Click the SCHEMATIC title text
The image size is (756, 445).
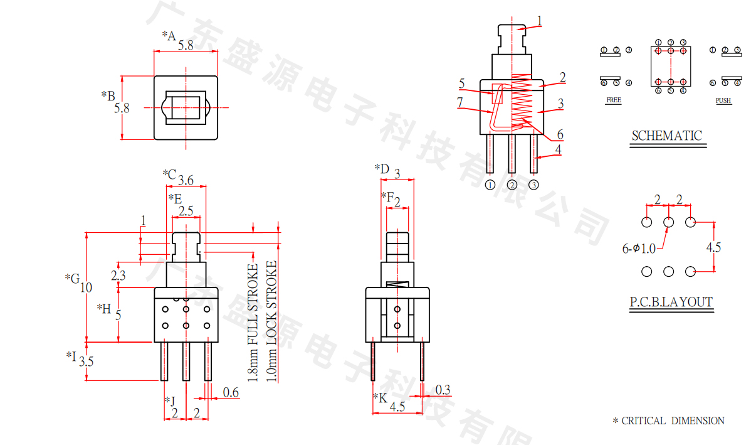pyautogui.click(x=666, y=136)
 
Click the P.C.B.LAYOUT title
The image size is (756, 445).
pyautogui.click(x=671, y=302)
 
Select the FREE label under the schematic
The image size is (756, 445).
pyautogui.click(x=614, y=100)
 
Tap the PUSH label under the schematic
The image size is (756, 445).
pyautogui.click(x=723, y=100)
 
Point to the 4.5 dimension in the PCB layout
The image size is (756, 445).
pyautogui.click(x=713, y=247)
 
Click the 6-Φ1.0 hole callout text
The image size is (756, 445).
pyautogui.click(x=639, y=249)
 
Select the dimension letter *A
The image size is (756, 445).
pyautogui.click(x=169, y=35)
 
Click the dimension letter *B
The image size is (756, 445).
pyautogui.click(x=108, y=95)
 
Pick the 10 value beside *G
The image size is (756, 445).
pyautogui.click(x=86, y=287)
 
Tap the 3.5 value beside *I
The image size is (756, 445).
pyautogui.click(x=87, y=362)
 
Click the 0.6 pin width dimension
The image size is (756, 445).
pyautogui.click(x=231, y=392)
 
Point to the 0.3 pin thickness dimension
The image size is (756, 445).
pyautogui.click(x=443, y=390)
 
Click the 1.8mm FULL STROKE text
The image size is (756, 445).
pyautogui.click(x=253, y=323)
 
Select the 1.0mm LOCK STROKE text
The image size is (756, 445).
pyautogui.click(x=271, y=321)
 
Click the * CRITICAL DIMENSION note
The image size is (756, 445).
pyautogui.click(x=668, y=421)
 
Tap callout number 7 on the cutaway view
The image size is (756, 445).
pyautogui.click(x=459, y=102)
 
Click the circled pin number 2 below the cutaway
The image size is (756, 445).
pyautogui.click(x=512, y=185)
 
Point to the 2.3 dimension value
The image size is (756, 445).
pyautogui.click(x=118, y=275)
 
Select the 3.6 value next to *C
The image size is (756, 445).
pyautogui.click(x=186, y=181)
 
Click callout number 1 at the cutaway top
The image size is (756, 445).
pyautogui.click(x=538, y=20)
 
